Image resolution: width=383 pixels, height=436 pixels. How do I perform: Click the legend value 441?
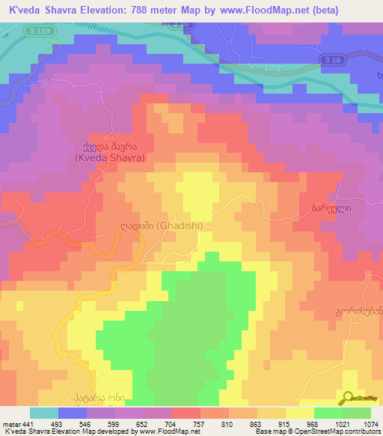tap(27, 423)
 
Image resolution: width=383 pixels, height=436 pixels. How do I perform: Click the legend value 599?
tap(114, 423)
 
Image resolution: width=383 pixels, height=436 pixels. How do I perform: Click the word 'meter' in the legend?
tap(10, 423)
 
